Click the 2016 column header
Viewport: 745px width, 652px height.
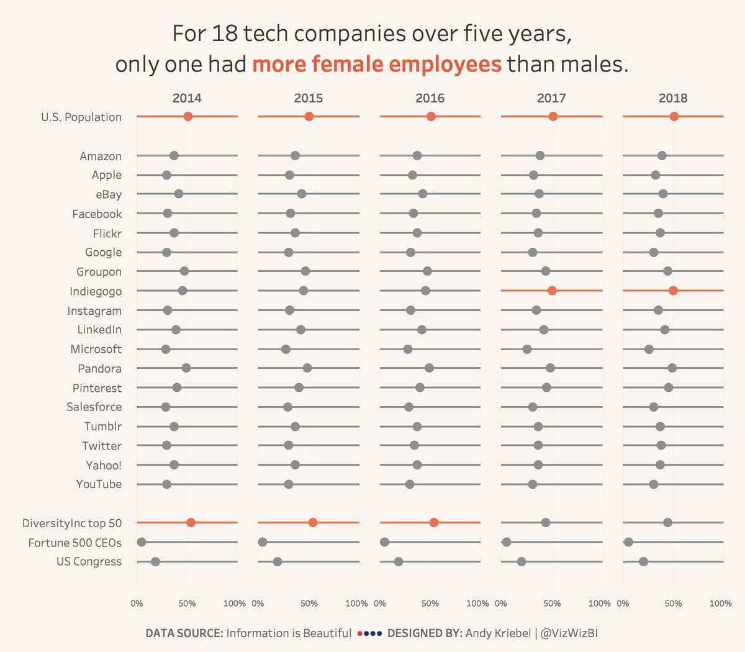click(430, 98)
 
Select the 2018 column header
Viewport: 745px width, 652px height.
click(673, 98)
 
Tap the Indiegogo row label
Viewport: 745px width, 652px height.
click(96, 291)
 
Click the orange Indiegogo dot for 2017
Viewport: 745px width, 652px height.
click(552, 291)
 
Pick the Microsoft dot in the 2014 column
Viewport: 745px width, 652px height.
click(166, 349)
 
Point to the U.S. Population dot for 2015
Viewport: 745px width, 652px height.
click(309, 117)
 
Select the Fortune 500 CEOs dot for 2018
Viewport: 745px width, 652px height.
click(628, 542)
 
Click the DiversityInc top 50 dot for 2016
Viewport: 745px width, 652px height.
click(434, 522)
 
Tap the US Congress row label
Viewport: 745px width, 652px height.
click(89, 562)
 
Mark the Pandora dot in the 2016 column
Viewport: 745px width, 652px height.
click(429, 368)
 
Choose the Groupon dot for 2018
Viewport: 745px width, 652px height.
click(667, 271)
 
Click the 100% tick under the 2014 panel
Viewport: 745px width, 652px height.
click(234, 603)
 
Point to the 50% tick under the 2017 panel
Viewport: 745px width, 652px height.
click(552, 603)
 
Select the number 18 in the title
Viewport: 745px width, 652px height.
click(224, 34)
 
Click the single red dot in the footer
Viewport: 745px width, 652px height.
click(361, 634)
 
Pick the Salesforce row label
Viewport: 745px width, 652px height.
click(94, 407)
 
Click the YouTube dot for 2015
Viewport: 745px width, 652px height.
click(289, 484)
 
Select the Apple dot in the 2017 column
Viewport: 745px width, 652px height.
click(533, 175)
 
